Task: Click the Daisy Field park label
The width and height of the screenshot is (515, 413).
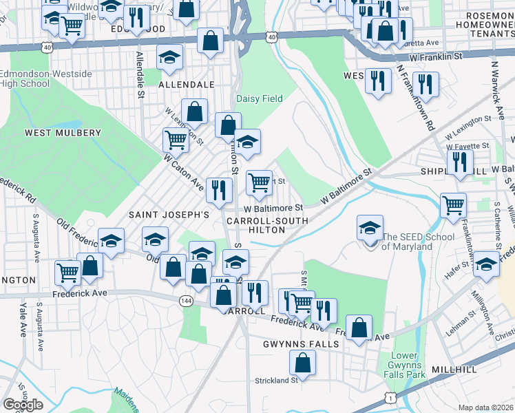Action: (x=260, y=98)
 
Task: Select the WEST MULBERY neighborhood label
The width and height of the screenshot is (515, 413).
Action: (x=63, y=133)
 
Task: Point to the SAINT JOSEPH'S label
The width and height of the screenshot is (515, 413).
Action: (x=169, y=215)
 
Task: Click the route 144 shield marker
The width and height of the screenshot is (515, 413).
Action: (x=185, y=301)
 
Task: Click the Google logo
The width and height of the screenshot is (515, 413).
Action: (x=23, y=405)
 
